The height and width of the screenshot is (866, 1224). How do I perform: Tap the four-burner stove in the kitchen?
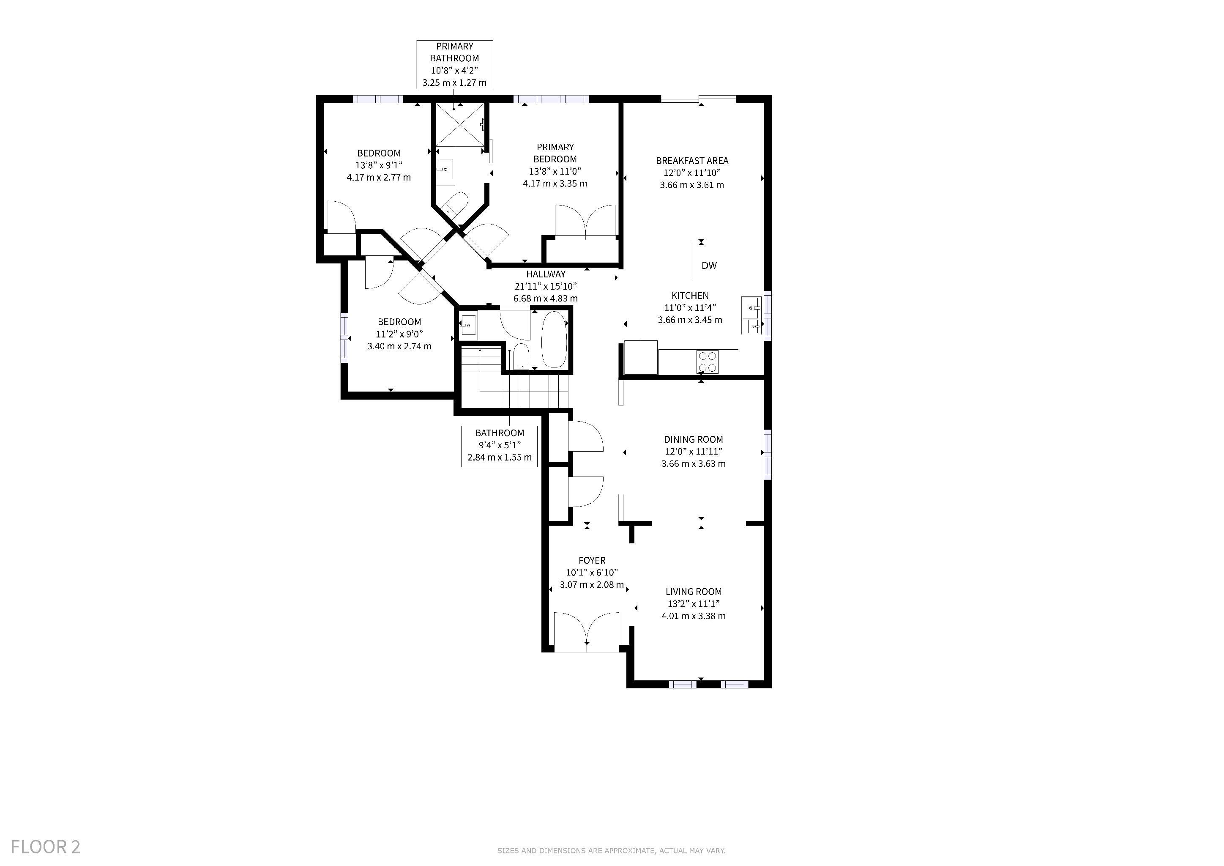pos(708,362)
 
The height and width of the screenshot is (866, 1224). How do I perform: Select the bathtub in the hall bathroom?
pos(554,339)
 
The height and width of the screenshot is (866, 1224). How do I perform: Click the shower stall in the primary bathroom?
pos(460,124)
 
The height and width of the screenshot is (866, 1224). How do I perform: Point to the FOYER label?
pos(592,560)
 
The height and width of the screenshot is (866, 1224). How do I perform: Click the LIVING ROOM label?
pos(694,592)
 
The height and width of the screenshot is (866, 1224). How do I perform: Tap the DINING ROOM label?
pos(694,439)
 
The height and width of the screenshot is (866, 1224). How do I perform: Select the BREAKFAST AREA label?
pos(692,161)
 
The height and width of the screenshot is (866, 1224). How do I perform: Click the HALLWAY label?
pos(546,274)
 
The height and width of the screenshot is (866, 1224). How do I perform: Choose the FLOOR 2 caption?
pos(46,847)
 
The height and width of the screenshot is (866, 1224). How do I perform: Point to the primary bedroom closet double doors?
pos(586,221)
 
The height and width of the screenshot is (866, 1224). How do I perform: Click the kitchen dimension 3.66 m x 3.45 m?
pos(690,320)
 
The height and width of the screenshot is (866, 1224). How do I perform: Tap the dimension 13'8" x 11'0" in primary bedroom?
pos(555,171)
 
